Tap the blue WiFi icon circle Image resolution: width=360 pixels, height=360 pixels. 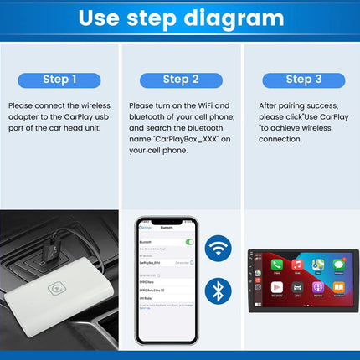pos(220,250)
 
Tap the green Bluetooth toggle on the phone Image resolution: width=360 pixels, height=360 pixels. pos(189,242)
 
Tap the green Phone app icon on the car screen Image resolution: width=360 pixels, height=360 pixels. pos(276,265)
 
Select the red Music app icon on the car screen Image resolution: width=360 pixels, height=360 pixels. pos(297,265)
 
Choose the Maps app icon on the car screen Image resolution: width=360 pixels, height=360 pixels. pos(318,265)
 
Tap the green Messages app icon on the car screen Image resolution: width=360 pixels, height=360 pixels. pos(339,265)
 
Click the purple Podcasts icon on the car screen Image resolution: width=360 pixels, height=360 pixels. pos(318,287)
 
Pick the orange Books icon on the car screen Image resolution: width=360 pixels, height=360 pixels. pos(339,287)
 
